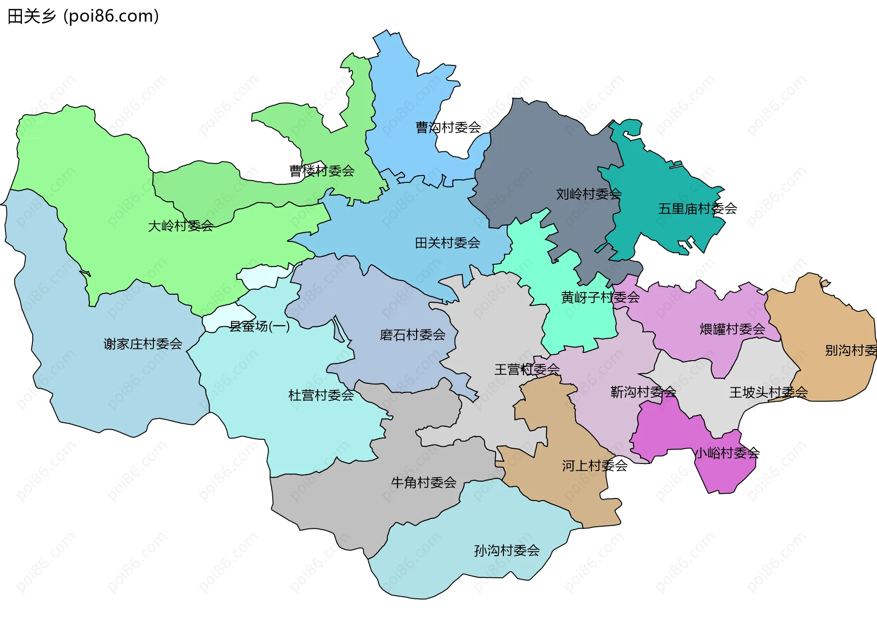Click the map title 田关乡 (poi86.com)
[83, 16]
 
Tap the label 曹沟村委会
[448, 128]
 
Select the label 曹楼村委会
[322, 171]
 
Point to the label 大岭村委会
[180, 226]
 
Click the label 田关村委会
[447, 243]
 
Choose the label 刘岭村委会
[588, 194]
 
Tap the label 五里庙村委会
[697, 209]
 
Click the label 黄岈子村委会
[600, 298]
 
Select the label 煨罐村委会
[732, 329]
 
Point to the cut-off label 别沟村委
[850, 351]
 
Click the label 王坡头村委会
[768, 392]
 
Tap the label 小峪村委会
[726, 453]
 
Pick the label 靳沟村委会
[643, 392]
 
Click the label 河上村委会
[594, 466]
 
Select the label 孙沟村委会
[507, 550]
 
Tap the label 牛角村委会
[423, 482]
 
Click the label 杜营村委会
[321, 395]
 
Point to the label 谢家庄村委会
[143, 344]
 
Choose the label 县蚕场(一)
[259, 326]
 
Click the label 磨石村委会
[412, 335]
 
